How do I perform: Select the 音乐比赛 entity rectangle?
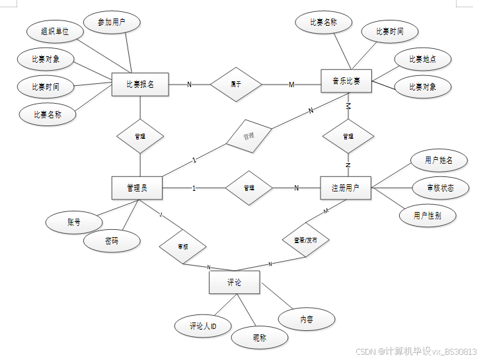(x=346, y=81)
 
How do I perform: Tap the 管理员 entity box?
(x=137, y=188)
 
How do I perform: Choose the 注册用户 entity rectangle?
(x=345, y=188)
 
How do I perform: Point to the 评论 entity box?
(x=234, y=283)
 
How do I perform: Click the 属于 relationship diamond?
(x=236, y=84)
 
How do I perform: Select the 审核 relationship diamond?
(x=182, y=247)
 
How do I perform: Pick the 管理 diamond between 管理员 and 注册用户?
(x=248, y=188)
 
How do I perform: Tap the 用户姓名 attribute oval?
(x=438, y=161)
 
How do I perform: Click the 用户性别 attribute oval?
(x=428, y=215)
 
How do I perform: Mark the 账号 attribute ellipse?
(x=73, y=223)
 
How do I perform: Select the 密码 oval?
(x=112, y=241)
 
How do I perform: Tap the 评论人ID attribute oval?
(x=203, y=326)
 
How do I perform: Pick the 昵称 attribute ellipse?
(x=260, y=338)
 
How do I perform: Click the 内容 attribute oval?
(x=307, y=319)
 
